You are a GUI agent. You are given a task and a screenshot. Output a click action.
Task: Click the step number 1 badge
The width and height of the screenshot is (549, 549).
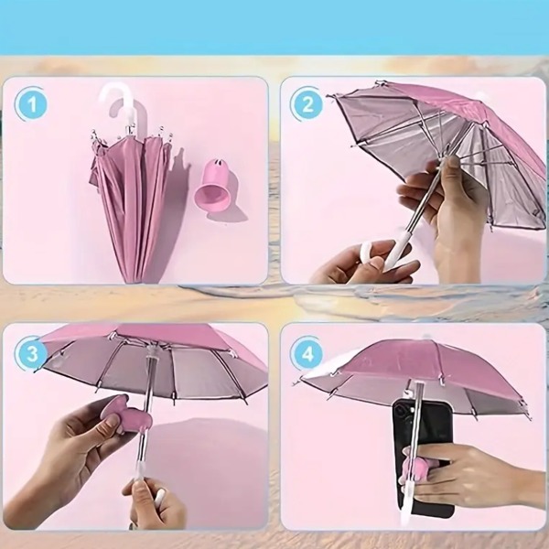click(x=31, y=104)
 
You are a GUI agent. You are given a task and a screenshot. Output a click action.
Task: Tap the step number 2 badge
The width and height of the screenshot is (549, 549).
click(x=307, y=104)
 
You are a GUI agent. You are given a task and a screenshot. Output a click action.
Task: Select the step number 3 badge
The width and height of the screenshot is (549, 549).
click(x=31, y=353)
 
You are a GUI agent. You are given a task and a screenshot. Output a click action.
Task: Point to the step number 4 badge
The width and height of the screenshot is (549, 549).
click(x=307, y=353)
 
